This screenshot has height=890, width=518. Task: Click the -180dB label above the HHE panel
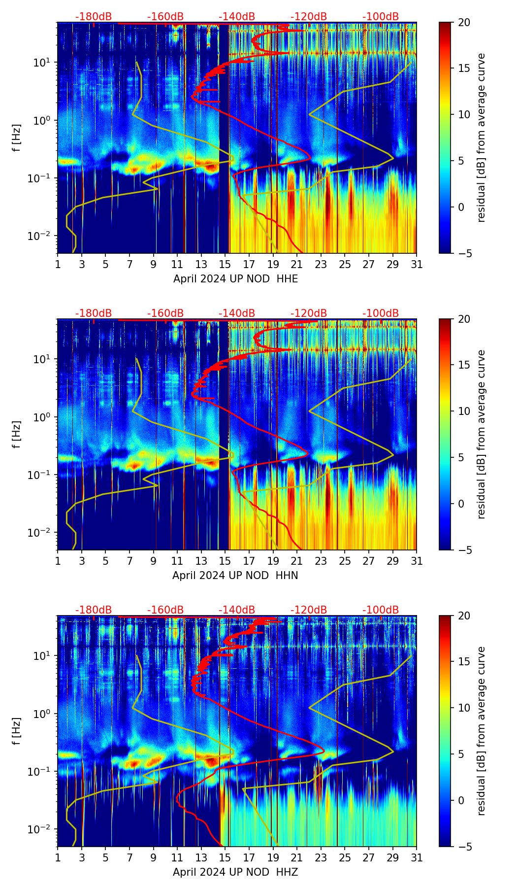point(94,17)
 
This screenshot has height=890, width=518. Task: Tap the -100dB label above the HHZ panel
point(381,610)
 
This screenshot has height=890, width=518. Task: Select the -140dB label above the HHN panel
point(237,313)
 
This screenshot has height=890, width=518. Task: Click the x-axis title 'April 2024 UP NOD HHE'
point(235,279)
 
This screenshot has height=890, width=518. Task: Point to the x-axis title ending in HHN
point(235,576)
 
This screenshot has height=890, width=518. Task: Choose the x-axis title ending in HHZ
point(235,872)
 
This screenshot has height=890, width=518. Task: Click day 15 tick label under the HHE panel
point(225,265)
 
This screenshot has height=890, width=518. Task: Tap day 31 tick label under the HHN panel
point(417,561)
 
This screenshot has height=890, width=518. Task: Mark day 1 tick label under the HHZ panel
point(58,858)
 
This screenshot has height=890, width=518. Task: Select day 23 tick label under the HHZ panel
point(321,858)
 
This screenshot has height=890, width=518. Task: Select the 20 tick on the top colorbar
point(463,22)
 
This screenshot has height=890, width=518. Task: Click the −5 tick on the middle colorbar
point(462,550)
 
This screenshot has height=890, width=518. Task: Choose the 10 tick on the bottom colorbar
point(463,708)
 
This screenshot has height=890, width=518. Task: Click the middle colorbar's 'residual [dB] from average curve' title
point(482,434)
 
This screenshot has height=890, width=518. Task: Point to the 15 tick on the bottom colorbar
point(463,662)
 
